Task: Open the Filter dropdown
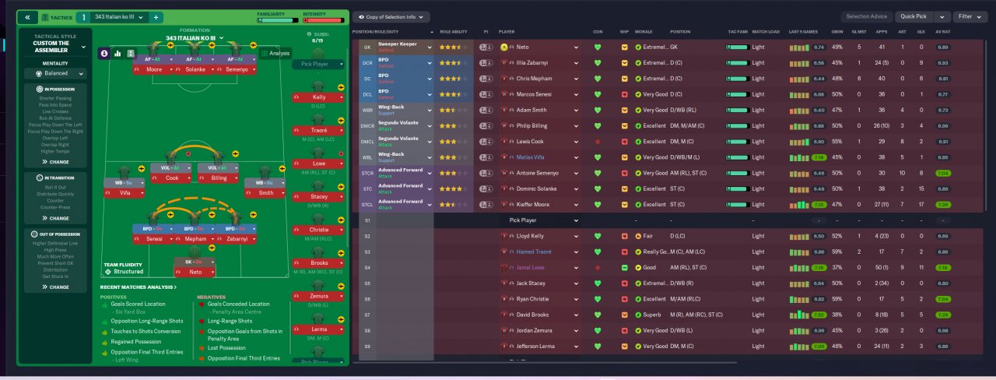(970, 16)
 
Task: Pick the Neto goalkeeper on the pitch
(195, 273)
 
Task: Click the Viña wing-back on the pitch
(124, 192)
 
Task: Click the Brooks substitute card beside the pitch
(319, 263)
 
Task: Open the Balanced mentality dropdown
(56, 73)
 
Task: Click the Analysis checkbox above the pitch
(265, 54)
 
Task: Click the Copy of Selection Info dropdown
(392, 16)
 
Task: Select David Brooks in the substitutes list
(535, 315)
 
